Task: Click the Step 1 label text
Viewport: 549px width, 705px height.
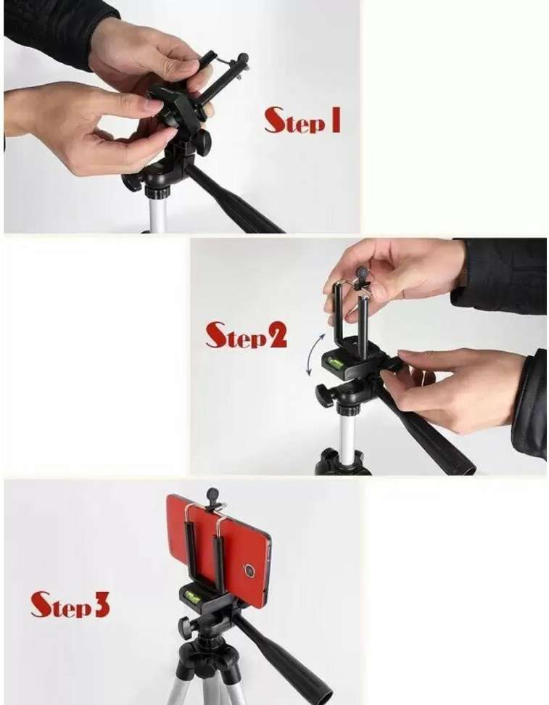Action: [302, 120]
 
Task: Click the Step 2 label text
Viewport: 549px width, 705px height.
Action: [246, 334]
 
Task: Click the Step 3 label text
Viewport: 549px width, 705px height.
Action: [70, 604]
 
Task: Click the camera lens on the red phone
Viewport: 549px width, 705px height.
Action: [249, 571]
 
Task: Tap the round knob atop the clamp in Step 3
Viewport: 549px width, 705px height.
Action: [212, 495]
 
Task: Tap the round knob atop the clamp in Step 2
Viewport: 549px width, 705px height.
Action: [361, 274]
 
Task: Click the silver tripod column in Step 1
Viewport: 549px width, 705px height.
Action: [157, 210]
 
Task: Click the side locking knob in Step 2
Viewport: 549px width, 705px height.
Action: [324, 396]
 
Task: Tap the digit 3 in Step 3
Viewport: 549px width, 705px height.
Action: [102, 604]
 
